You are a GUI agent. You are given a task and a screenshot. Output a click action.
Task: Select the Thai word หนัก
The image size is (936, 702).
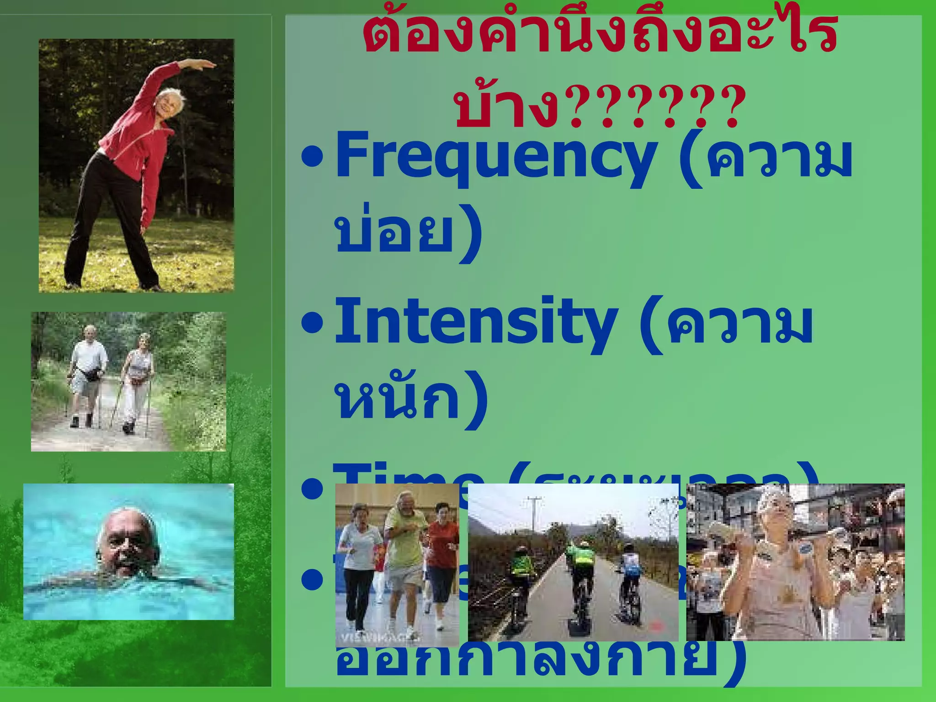click(x=398, y=398)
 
